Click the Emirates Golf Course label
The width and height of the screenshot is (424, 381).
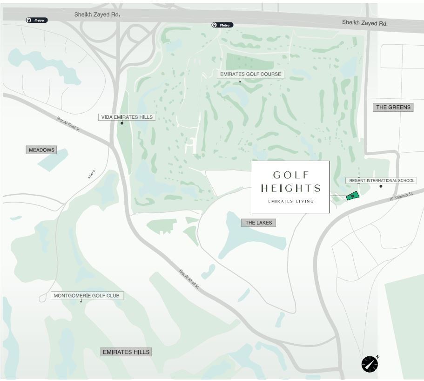point(250,74)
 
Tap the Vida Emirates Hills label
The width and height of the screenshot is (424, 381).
point(127,117)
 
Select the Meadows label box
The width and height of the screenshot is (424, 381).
point(41,150)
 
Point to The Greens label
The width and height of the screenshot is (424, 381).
point(393,107)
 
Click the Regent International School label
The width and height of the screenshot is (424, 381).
point(381,180)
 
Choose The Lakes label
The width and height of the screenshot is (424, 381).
point(259,223)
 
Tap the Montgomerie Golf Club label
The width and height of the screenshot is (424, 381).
point(87,295)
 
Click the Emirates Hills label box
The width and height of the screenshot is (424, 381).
point(126,352)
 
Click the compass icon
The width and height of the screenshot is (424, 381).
point(370,364)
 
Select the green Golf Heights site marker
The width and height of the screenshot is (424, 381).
point(353,196)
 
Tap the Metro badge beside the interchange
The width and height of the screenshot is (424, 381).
point(37,20)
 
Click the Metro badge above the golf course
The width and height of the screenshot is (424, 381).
point(222,25)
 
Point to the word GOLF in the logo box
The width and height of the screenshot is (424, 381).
point(291,175)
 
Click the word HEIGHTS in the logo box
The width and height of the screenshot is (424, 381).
point(291,189)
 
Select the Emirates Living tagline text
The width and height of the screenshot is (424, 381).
point(291,201)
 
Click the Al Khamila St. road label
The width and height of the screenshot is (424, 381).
point(401,197)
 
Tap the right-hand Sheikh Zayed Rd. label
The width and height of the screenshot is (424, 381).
point(364,22)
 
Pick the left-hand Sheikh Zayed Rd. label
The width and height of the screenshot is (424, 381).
point(97,14)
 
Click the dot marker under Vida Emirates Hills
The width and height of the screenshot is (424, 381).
point(122,123)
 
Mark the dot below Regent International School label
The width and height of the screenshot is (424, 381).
point(381,186)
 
